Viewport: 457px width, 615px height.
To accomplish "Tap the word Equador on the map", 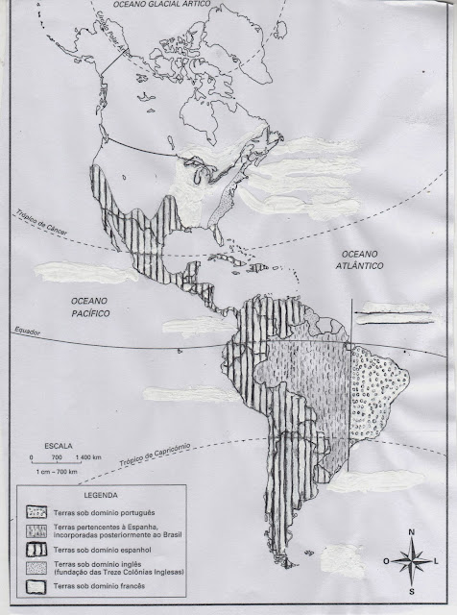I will tap(27, 332).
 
